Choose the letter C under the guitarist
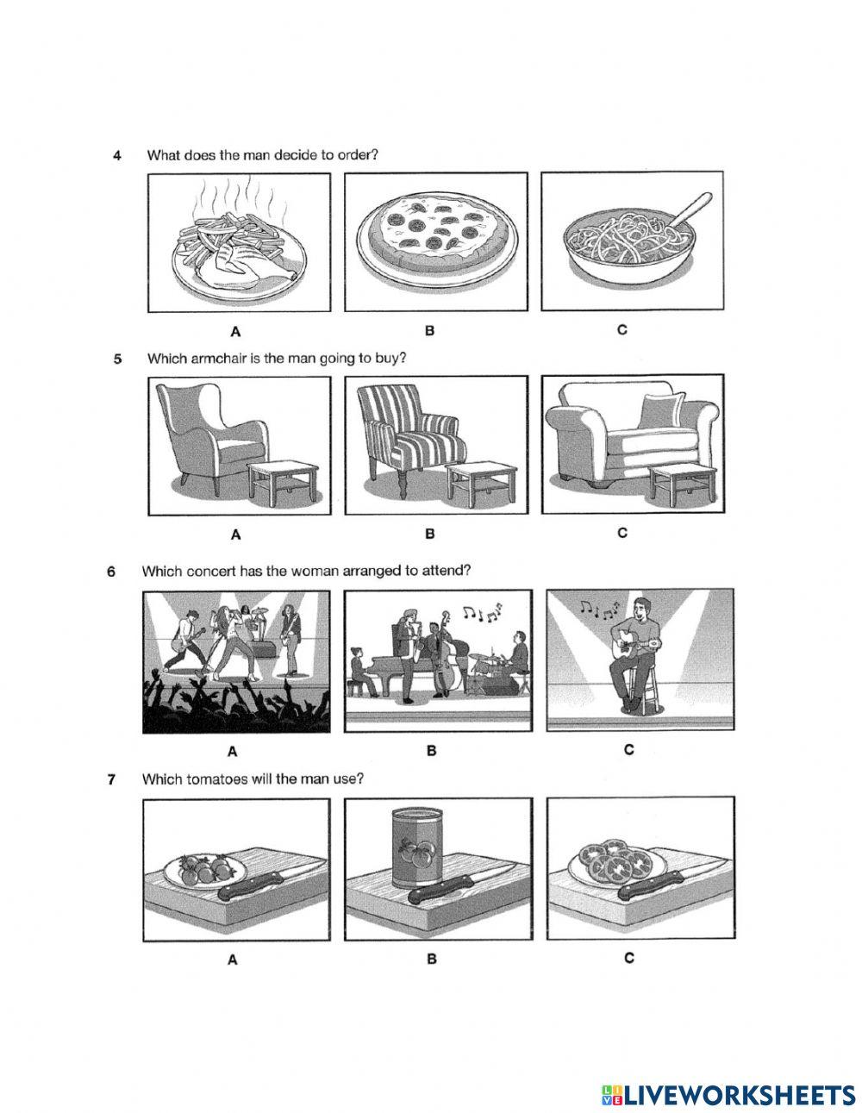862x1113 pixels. [x=628, y=750]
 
